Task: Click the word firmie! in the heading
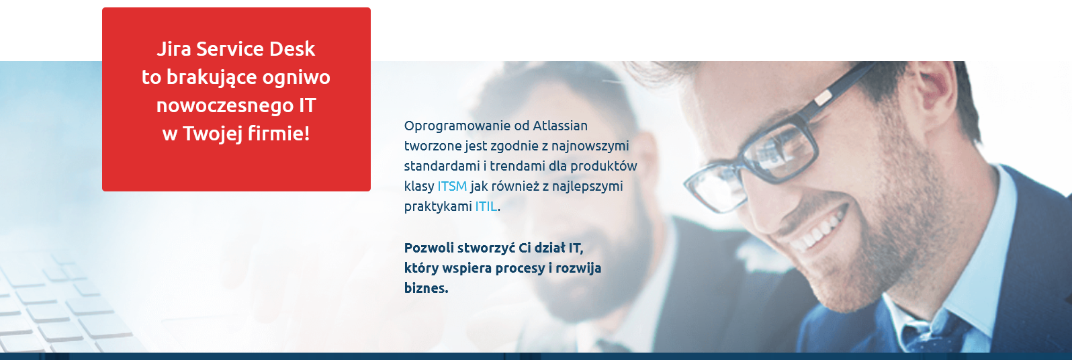click(x=279, y=133)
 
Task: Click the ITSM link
click(x=452, y=186)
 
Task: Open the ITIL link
click(x=486, y=206)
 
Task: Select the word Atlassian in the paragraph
click(x=560, y=126)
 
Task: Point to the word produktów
click(x=603, y=167)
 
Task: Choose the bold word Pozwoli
click(x=429, y=248)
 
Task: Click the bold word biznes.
click(x=426, y=288)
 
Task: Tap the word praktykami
click(x=438, y=207)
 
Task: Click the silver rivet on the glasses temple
click(x=823, y=98)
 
